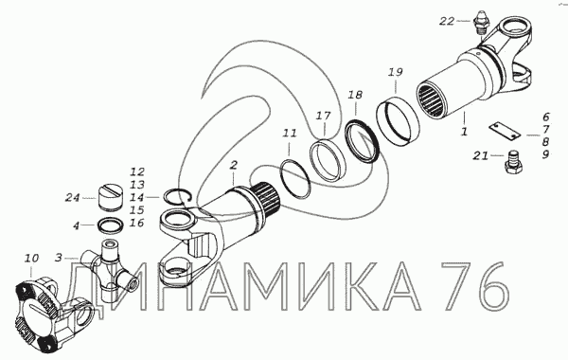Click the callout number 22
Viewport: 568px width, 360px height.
(447, 22)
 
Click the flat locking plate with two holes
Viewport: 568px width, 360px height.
(505, 130)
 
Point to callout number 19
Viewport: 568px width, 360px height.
(395, 72)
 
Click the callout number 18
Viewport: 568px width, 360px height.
(355, 95)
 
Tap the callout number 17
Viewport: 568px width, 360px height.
(323, 116)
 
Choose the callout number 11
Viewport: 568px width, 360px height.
(290, 134)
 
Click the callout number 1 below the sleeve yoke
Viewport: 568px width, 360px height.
(464, 132)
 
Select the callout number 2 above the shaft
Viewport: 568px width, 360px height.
(234, 166)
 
